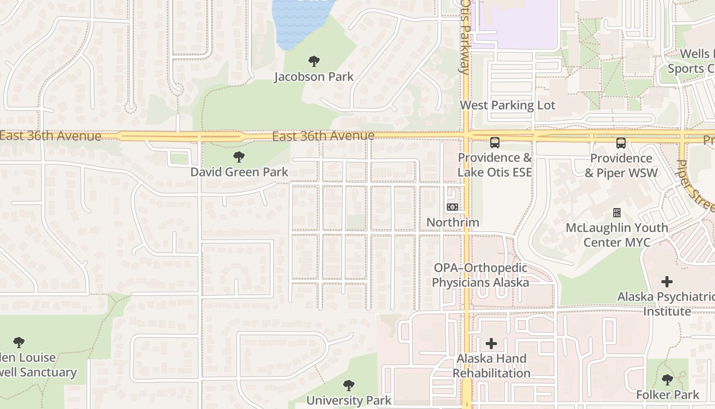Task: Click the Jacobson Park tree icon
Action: click(x=314, y=61)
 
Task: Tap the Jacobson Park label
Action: click(x=314, y=77)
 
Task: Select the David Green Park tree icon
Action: click(x=239, y=157)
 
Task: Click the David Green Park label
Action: click(x=240, y=172)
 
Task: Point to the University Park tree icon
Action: click(x=349, y=385)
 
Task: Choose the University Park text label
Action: click(x=349, y=400)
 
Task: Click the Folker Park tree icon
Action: click(x=667, y=380)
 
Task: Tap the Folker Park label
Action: click(x=667, y=395)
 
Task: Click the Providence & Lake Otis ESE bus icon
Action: click(x=494, y=143)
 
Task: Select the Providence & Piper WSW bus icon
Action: click(x=621, y=143)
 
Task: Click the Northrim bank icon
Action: click(x=452, y=207)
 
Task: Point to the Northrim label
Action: click(x=452, y=222)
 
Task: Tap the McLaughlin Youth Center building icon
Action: click(x=617, y=213)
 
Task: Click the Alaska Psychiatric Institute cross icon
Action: click(x=666, y=282)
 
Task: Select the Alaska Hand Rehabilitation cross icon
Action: click(x=491, y=344)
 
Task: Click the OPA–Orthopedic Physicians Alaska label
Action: click(x=481, y=275)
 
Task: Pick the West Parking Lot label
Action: click(x=507, y=105)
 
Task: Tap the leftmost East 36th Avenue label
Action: click(x=51, y=136)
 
